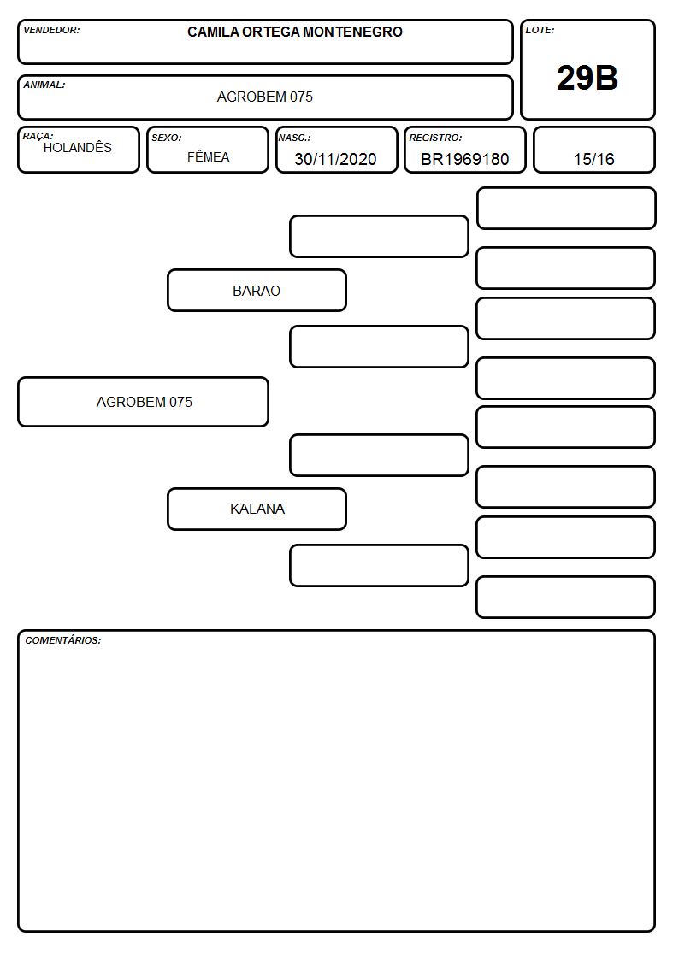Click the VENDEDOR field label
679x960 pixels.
(x=51, y=30)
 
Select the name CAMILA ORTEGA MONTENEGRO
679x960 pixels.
(x=295, y=32)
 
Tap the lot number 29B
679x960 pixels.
(x=587, y=78)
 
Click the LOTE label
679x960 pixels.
(x=540, y=30)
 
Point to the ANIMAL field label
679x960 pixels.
(x=44, y=85)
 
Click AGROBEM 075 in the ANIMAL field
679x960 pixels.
(x=264, y=97)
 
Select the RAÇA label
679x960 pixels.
(x=38, y=136)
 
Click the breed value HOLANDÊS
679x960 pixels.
(x=78, y=148)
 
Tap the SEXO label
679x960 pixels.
(x=167, y=138)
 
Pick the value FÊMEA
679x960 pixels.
(x=208, y=157)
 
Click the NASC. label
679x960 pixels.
(x=294, y=138)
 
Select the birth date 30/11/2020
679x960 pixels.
(x=335, y=159)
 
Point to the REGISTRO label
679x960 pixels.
(x=435, y=138)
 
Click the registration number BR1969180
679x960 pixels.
(x=464, y=159)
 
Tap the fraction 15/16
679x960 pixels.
(x=593, y=159)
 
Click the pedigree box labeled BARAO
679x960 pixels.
(x=257, y=291)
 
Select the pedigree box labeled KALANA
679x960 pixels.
(x=257, y=509)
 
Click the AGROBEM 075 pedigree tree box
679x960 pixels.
(x=144, y=402)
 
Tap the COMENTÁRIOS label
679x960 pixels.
(x=63, y=640)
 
